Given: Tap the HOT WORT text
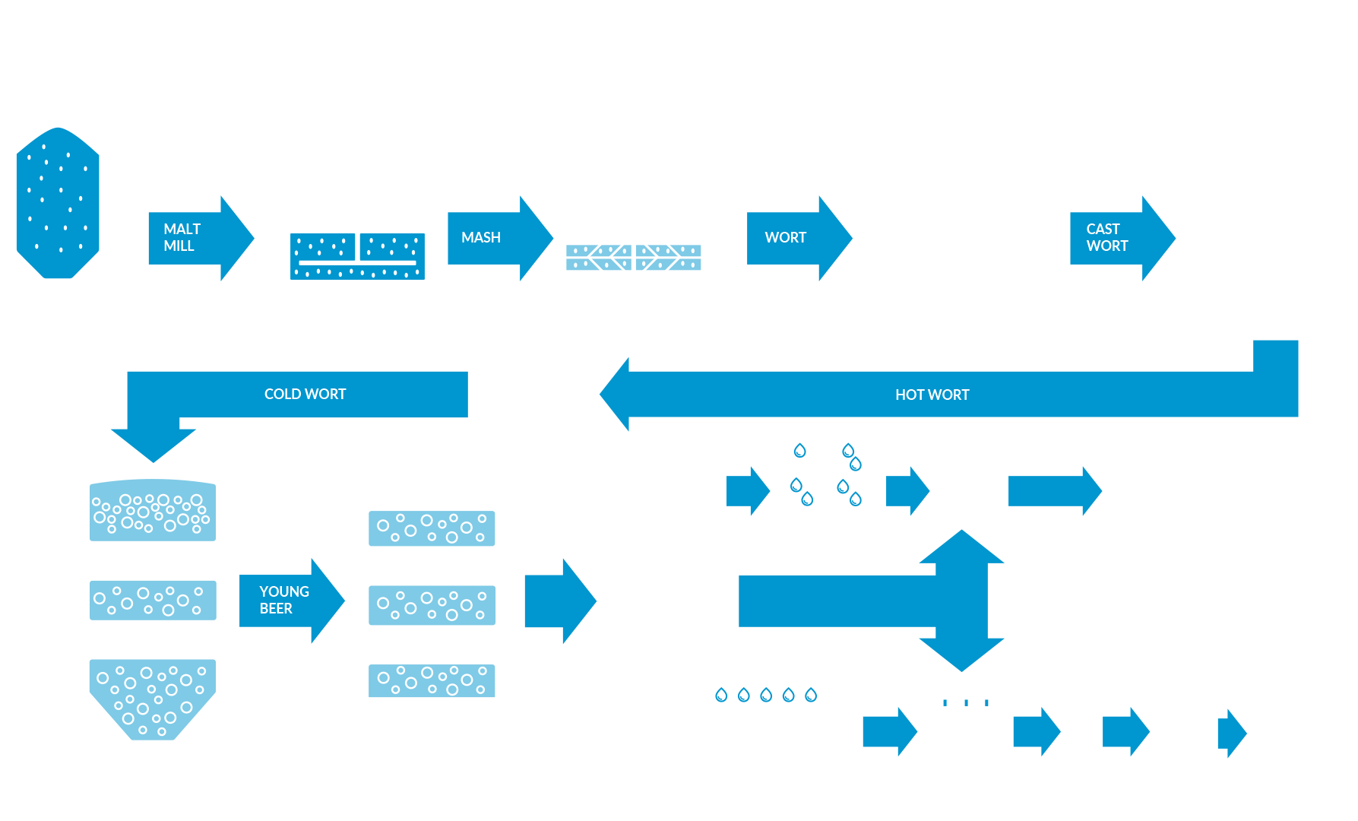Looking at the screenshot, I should [932, 395].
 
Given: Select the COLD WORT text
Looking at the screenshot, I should [305, 394].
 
